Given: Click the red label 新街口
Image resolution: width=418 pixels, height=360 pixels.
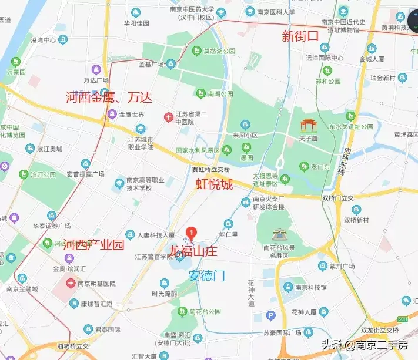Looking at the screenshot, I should (300, 36).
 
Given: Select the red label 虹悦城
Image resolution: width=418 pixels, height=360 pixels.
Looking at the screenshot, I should (214, 184).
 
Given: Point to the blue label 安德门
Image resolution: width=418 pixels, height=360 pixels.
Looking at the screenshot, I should (207, 274).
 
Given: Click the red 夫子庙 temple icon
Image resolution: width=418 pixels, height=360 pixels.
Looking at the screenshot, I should (307, 125).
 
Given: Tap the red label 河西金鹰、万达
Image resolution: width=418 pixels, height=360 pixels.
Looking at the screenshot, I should (109, 97).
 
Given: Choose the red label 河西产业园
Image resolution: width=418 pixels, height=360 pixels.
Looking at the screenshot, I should (93, 245).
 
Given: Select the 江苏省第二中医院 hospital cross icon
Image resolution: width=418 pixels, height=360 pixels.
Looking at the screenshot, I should (168, 117).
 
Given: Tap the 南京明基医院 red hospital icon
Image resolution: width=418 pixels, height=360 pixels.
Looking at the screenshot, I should (71, 283).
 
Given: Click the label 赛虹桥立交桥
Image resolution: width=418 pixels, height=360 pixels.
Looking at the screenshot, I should (210, 169).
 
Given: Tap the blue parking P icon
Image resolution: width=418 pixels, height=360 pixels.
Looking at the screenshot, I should (271, 316).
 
